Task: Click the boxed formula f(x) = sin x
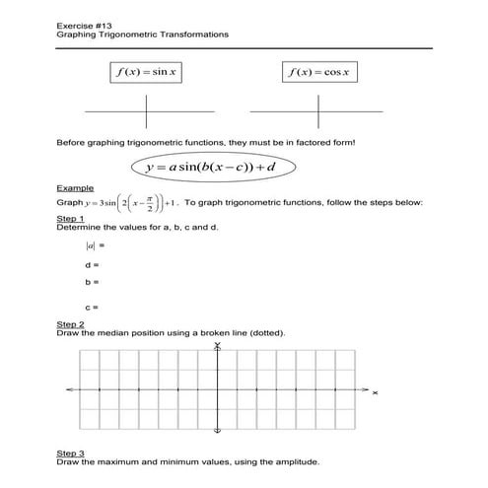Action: (x=148, y=72)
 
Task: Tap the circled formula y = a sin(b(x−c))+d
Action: (x=209, y=168)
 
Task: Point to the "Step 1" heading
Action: (x=71, y=218)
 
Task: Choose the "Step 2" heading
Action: (x=71, y=324)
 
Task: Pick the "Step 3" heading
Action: (x=71, y=453)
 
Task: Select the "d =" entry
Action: (x=93, y=265)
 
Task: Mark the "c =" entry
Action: (x=93, y=307)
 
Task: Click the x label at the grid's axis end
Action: (x=376, y=393)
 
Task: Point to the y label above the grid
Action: (x=217, y=346)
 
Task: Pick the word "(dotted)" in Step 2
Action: (x=267, y=333)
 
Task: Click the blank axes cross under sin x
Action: (x=148, y=110)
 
